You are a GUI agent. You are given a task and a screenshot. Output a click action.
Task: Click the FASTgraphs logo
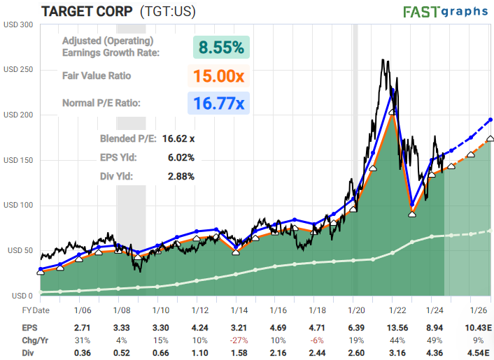446,12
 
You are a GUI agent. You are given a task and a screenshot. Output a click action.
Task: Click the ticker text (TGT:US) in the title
168,11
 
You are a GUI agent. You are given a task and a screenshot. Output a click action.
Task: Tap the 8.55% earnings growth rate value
221,48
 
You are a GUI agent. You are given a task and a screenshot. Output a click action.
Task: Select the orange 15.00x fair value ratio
218,75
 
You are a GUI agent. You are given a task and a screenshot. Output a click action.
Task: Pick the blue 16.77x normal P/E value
218,103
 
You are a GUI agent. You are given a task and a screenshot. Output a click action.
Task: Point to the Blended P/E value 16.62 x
178,139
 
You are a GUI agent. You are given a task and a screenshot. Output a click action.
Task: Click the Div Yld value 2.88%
181,176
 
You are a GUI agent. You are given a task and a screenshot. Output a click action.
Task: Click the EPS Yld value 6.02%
181,157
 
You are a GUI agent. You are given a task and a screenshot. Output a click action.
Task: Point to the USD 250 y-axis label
18,69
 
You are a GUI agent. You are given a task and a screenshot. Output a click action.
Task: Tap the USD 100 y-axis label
18,206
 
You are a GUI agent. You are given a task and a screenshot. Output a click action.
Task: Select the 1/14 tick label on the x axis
239,310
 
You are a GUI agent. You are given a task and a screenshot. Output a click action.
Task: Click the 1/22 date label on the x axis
397,310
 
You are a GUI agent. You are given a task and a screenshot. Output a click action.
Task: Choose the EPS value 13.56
397,328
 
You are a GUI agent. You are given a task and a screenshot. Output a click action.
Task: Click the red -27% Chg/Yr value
239,340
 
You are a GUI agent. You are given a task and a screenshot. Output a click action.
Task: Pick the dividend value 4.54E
478,353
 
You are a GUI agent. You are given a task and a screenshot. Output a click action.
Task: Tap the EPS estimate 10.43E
478,328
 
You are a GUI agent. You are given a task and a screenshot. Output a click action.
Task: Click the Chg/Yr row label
35,340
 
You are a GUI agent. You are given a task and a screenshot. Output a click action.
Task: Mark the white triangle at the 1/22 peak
393,112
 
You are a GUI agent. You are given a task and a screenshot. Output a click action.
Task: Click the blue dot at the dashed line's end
491,120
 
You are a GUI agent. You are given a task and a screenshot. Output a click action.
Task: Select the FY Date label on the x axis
36,310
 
